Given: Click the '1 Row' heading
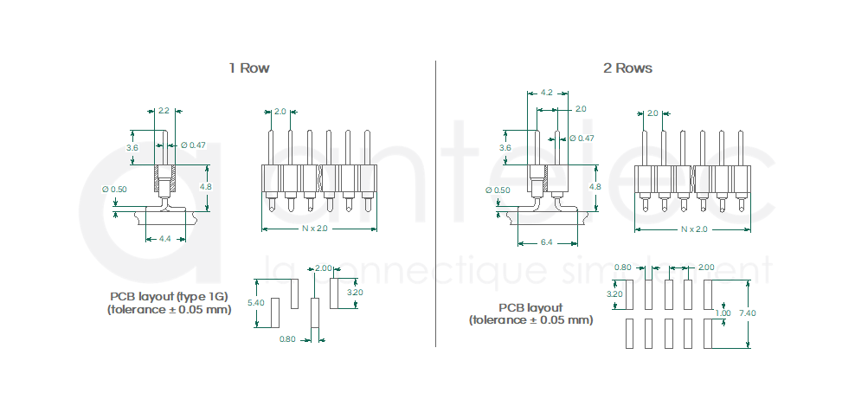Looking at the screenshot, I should (x=249, y=68).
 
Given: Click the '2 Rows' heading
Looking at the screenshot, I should (x=627, y=68).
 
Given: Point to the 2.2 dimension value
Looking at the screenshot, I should (x=164, y=111).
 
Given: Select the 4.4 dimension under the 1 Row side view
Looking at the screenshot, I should (x=164, y=239).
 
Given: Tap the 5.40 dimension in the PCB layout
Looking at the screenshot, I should (x=255, y=303).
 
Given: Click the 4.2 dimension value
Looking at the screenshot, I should (x=546, y=92).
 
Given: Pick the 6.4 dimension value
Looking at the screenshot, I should (x=546, y=242).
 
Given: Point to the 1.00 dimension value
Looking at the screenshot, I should (x=723, y=313).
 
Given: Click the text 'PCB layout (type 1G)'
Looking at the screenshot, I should (x=170, y=296).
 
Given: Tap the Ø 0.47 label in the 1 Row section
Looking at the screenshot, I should (x=193, y=145).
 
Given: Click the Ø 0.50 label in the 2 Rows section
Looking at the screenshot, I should (x=499, y=190).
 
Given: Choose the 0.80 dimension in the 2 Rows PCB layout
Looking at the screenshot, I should (x=622, y=267).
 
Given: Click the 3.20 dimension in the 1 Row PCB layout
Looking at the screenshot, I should (x=355, y=293).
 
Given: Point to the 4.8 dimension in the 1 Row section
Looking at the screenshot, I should (x=205, y=186).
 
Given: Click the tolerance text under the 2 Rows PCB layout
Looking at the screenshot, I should (x=530, y=319).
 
